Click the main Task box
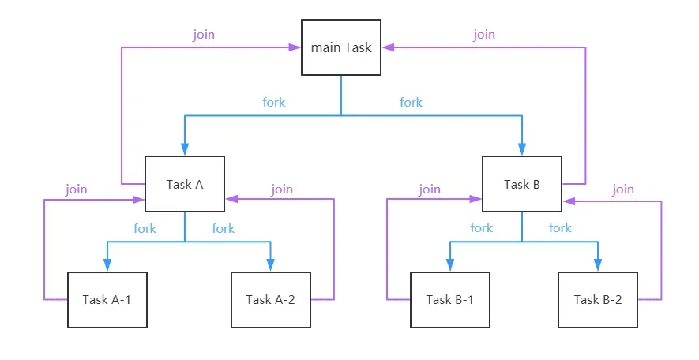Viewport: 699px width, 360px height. click(341, 47)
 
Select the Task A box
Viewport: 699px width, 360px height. click(185, 184)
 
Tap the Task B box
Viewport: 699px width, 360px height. click(522, 184)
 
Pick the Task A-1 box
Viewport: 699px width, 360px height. click(107, 300)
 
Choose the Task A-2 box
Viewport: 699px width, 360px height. click(271, 300)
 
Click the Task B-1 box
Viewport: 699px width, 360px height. click(449, 300)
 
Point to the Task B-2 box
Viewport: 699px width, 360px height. click(598, 300)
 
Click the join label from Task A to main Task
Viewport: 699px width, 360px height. click(204, 35)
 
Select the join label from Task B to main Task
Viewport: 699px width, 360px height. click(484, 35)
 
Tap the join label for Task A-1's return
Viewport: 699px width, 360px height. click(77, 189)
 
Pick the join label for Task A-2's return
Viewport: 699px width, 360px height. click(282, 189)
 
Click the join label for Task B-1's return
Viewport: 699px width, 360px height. click(430, 189)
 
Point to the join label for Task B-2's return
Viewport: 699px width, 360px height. click(622, 189)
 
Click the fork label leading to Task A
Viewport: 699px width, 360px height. click(274, 103)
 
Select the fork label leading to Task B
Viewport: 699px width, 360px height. click(411, 103)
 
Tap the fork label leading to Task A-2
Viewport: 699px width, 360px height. click(223, 229)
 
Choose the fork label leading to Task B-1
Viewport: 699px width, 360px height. click(482, 228)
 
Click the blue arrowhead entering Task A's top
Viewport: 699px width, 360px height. click(185, 149)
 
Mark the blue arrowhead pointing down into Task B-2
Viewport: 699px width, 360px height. click(598, 265)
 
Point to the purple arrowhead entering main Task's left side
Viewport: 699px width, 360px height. click(295, 47)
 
